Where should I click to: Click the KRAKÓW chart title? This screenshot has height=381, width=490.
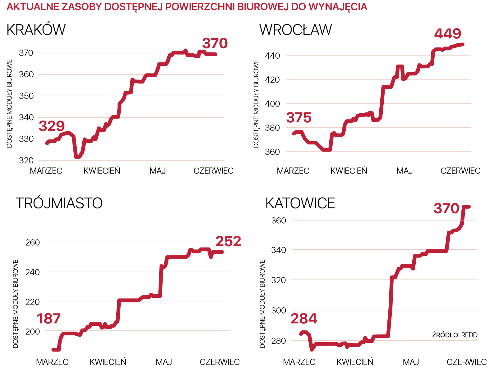[36, 30]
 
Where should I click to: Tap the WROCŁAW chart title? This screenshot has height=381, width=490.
[295, 30]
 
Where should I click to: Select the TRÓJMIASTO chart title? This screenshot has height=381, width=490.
[59, 203]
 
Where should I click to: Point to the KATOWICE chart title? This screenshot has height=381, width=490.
[300, 203]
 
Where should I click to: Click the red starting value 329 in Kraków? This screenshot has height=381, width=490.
[52, 126]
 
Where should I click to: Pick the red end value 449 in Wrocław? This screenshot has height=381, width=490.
[447, 34]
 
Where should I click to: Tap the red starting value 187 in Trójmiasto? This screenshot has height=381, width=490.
[49, 319]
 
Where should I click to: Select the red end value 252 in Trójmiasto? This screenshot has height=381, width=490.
[228, 242]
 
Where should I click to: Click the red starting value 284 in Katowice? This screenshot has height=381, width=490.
[304, 319]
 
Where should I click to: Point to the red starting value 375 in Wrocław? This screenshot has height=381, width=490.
[299, 118]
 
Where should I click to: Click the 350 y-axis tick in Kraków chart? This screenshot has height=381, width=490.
[26, 96]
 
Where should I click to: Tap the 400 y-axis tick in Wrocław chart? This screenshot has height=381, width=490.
[272, 104]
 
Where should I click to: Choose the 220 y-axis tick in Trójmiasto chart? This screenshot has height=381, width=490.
[32, 302]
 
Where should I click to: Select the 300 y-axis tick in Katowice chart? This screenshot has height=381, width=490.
[279, 311]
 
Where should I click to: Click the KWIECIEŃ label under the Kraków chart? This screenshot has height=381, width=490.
[102, 171]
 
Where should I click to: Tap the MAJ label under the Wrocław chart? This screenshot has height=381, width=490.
[404, 171]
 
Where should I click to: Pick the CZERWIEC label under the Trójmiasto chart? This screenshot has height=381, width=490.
[220, 362]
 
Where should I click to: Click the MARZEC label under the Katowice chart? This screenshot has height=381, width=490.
[299, 362]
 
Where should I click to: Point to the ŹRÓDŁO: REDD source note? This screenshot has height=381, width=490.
[455, 335]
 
